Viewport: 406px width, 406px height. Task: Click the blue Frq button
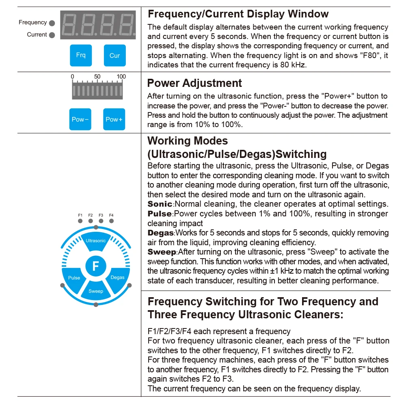81,55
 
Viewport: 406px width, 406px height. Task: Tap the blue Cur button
114,55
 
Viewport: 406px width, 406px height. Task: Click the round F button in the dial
96,266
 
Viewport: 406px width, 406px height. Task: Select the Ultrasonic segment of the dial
96,241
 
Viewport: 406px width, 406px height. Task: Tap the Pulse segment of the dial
74,277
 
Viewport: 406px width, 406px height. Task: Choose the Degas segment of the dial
118,277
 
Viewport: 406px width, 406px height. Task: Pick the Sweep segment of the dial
96,290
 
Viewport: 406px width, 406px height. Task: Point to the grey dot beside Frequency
52,23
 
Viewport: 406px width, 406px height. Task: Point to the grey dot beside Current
52,35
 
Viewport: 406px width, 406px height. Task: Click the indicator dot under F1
80,221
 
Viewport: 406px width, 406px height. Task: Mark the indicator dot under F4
111,221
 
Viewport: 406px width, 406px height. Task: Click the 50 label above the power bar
97,77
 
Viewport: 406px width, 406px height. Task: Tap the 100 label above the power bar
121,77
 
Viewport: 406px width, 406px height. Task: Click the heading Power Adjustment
194,83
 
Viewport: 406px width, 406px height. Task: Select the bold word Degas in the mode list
161,233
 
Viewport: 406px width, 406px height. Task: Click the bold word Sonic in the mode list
160,204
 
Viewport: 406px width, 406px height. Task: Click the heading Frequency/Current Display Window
238,14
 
